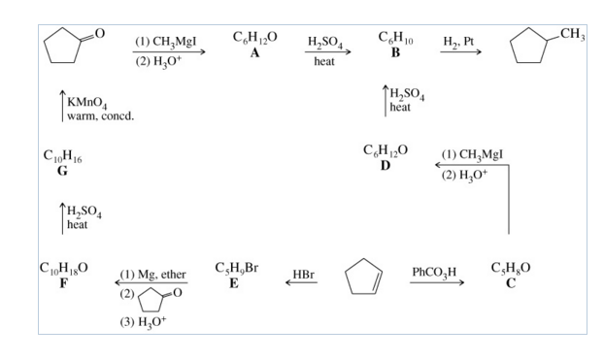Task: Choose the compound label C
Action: coord(511,283)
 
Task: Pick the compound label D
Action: coord(385,166)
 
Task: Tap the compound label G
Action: coord(62,171)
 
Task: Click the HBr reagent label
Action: coord(303,275)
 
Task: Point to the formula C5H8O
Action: coord(512,268)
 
